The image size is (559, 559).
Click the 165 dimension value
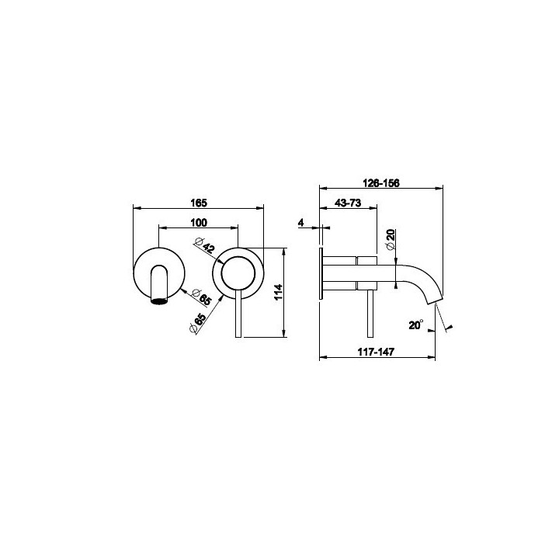[x=199, y=203]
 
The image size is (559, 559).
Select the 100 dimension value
[x=199, y=223]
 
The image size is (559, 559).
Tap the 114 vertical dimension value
[x=279, y=292]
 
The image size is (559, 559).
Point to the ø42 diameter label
[x=205, y=245]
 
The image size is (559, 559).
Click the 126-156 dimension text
[x=381, y=183]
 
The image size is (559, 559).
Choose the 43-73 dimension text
[x=348, y=203]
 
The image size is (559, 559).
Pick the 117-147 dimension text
[x=376, y=352]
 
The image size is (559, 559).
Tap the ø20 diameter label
[x=391, y=240]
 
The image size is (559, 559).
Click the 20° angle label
[x=415, y=325]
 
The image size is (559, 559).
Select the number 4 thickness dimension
[x=301, y=223]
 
